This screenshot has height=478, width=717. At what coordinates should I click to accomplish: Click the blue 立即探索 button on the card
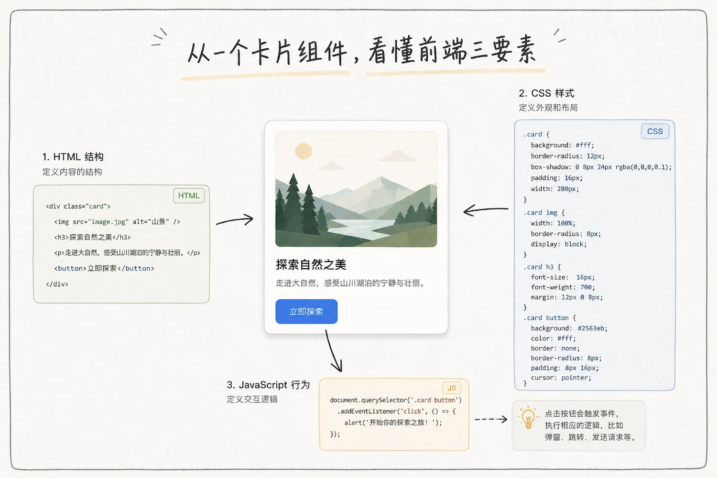306,312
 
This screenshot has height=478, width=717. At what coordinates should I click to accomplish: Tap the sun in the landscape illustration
304,152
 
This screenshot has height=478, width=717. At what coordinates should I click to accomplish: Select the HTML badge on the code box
189,196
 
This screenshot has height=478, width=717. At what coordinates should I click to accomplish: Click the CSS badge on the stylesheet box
655,131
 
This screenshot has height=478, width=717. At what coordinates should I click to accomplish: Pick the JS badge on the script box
452,388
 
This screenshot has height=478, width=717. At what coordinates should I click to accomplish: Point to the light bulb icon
528,418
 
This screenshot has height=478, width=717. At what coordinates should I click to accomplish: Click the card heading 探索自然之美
311,265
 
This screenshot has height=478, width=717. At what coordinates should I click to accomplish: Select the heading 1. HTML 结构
73,157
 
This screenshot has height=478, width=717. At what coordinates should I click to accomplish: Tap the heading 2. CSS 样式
546,93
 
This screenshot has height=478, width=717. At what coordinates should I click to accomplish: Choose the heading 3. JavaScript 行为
268,385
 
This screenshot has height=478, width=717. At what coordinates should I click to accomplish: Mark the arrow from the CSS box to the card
485,209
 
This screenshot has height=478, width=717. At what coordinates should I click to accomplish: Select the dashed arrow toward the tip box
491,419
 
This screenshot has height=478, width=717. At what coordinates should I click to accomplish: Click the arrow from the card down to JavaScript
333,351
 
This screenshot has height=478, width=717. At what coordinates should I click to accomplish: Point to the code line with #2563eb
569,328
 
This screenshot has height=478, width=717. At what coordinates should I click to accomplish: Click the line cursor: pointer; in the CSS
561,378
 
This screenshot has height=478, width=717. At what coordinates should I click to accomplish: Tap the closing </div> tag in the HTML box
57,284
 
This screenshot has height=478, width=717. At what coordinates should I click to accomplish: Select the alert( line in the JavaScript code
393,423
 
